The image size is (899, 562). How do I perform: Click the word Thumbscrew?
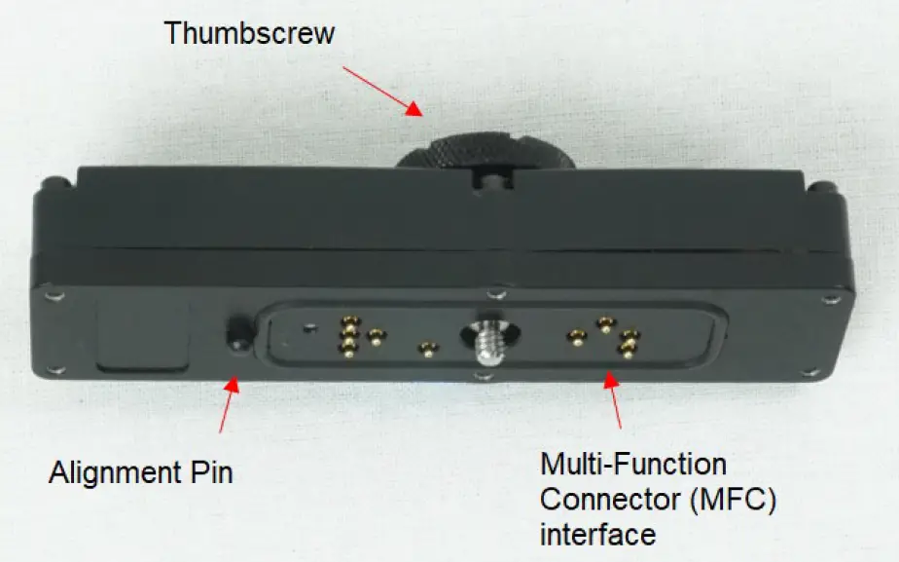pyautogui.click(x=249, y=32)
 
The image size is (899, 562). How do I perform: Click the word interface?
pyautogui.click(x=597, y=534)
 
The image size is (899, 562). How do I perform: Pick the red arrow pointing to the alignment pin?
pyautogui.click(x=227, y=407)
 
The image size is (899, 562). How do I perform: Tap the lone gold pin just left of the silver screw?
pyautogui.click(x=425, y=349)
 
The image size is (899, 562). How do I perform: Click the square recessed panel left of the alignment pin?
pyautogui.click(x=145, y=335)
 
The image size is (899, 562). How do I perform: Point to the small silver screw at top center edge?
pyautogui.click(x=497, y=291)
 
